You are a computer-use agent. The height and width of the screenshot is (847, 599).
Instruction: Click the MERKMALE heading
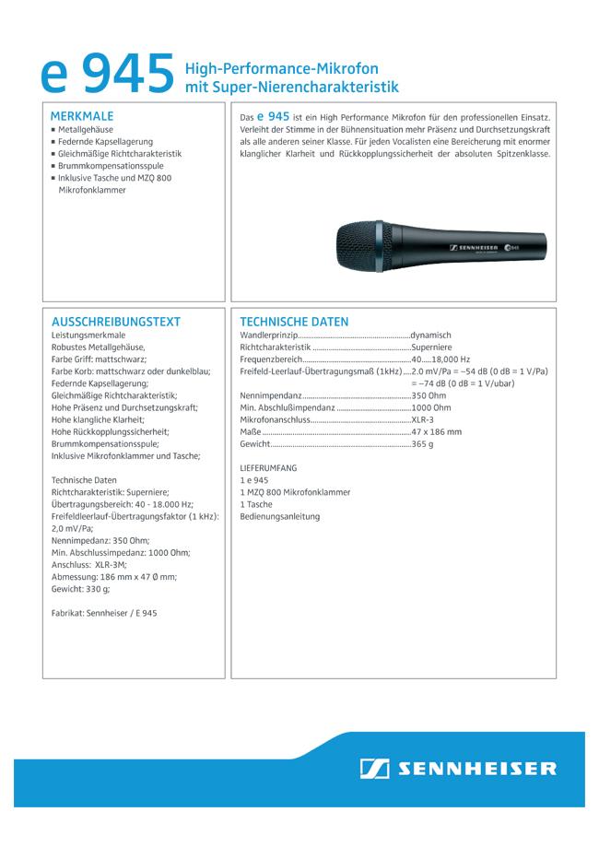(82, 117)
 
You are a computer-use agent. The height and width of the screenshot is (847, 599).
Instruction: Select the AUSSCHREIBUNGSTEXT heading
(116, 322)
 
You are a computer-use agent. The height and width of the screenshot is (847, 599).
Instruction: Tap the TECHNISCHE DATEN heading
(294, 322)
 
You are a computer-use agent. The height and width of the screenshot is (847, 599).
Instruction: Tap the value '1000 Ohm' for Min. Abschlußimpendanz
(431, 407)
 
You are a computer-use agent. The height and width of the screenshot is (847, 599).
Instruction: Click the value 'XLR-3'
(425, 419)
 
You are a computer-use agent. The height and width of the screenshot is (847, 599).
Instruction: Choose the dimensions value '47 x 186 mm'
(437, 431)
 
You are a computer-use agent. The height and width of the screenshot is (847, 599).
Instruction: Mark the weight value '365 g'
(422, 443)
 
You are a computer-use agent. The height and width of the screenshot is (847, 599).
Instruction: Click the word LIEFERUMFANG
(268, 468)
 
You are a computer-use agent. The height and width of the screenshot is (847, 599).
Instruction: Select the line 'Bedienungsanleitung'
(279, 516)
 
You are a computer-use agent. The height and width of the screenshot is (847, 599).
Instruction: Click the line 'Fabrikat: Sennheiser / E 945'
(104, 612)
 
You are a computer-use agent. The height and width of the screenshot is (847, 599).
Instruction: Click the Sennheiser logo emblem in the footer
(374, 768)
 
